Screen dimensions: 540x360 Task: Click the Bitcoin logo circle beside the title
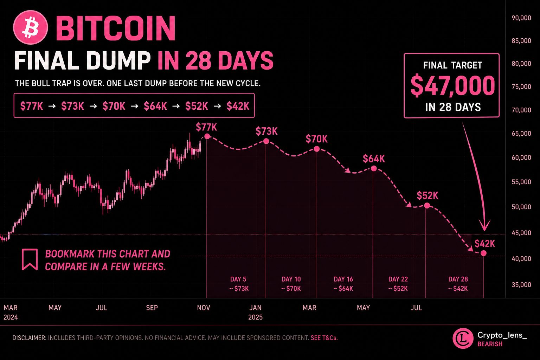(31, 27)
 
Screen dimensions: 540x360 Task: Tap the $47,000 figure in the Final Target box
(453, 85)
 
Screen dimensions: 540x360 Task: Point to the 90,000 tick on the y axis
(521, 18)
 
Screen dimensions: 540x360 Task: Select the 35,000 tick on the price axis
(521, 284)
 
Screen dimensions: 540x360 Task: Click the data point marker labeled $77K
(207, 136)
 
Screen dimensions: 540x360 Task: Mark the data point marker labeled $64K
(374, 168)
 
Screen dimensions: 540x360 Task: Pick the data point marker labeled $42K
(484, 253)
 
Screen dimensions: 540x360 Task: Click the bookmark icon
(30, 259)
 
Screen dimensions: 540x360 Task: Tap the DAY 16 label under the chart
(343, 279)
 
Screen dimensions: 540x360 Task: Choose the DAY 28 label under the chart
(458, 279)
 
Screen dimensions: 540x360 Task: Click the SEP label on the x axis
(152, 308)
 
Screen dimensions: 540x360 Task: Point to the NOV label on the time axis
(204, 308)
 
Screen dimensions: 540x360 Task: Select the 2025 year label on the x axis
(255, 317)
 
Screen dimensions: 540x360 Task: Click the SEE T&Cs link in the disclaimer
(324, 338)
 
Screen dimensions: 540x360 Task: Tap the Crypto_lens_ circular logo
(463, 338)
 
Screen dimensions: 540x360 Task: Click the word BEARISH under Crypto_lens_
(490, 344)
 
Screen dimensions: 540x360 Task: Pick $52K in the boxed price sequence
(197, 106)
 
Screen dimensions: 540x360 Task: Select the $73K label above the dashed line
(266, 131)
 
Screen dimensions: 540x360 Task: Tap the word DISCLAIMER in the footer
(29, 338)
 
